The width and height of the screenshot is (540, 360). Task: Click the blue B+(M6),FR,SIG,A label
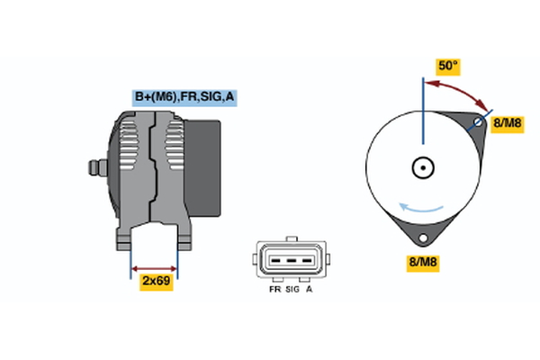point(184,97)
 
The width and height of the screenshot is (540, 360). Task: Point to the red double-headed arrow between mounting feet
point(155,268)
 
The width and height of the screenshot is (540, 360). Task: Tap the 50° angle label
point(447,66)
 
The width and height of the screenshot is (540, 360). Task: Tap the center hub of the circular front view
point(421,167)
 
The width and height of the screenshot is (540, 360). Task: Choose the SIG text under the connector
point(292,291)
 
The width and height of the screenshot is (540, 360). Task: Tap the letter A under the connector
point(310,291)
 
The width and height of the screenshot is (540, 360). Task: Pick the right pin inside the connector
point(308,264)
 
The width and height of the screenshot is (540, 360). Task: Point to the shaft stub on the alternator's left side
point(93,167)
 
